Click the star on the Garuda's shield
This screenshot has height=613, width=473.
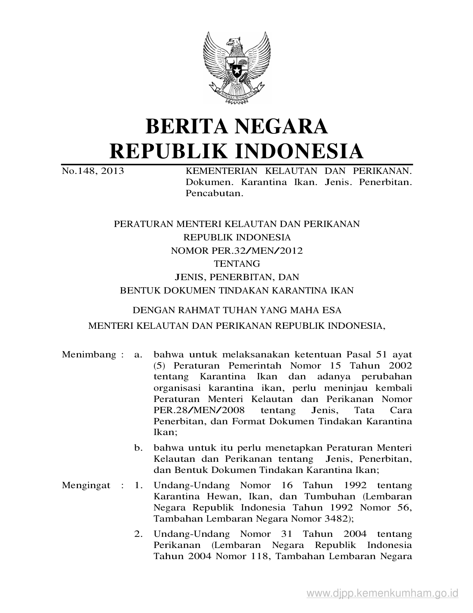[x=236, y=69]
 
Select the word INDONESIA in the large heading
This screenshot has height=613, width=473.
[x=300, y=151]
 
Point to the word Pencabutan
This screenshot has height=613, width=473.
[x=214, y=194]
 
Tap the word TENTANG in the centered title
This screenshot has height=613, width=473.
[x=237, y=264]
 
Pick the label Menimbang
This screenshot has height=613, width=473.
[x=89, y=354]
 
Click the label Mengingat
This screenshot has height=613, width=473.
[x=86, y=485]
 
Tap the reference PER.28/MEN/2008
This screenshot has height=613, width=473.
[x=199, y=411]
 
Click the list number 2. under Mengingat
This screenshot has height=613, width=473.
[x=139, y=534]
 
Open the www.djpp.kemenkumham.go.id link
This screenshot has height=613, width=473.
[x=382, y=593]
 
